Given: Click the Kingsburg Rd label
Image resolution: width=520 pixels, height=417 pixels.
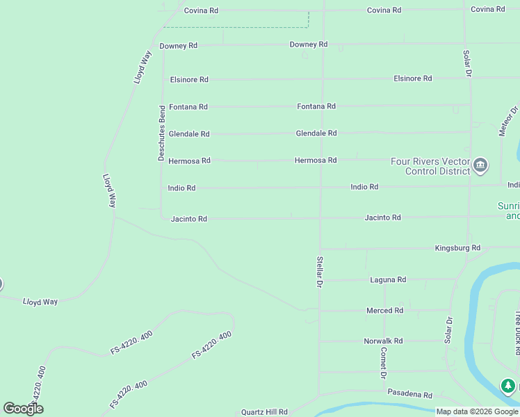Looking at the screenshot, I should click(457, 247).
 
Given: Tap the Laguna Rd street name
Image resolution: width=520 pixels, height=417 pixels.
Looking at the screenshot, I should click(388, 279).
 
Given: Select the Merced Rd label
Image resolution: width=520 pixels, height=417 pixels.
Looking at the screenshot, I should click(384, 311).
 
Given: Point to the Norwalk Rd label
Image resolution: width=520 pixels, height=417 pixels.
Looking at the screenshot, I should click(383, 341).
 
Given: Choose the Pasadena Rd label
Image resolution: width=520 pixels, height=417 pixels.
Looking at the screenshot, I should click(409, 394).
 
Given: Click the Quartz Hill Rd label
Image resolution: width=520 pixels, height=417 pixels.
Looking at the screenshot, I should click(264, 412).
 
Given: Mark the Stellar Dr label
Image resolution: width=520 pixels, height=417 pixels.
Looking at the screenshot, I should click(320, 272).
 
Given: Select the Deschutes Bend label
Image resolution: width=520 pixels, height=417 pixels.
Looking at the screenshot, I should click(161, 133).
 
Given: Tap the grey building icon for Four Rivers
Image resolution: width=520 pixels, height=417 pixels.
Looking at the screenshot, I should click(480, 165).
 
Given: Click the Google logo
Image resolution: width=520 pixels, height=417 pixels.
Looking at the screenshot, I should click(23, 409).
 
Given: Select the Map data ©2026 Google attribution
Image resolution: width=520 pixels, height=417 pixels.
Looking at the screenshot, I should click(478, 411).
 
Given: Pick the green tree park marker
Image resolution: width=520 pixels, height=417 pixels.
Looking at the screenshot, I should click(508, 386).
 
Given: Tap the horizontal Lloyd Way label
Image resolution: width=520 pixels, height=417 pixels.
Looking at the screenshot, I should click(40, 302).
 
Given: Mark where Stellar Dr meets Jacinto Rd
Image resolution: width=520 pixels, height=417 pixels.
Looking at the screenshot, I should click(320, 218).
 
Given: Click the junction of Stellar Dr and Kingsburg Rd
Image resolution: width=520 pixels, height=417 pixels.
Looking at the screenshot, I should click(320, 248).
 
